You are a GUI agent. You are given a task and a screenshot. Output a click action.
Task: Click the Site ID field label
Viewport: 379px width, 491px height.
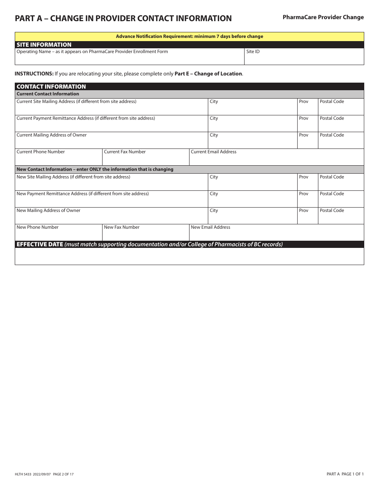(253, 51)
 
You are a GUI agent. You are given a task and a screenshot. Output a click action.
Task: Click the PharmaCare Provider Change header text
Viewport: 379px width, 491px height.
(323, 17)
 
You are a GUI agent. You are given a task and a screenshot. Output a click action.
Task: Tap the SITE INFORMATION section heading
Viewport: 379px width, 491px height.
(44, 45)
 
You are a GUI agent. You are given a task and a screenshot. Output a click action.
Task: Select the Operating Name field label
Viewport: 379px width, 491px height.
(92, 51)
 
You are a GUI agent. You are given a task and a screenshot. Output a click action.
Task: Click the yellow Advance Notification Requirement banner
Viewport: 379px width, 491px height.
(189, 36)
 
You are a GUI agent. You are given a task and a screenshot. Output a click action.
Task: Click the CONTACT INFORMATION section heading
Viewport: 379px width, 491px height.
(51, 87)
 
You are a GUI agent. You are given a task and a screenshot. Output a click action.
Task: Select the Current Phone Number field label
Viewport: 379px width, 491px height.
(41, 152)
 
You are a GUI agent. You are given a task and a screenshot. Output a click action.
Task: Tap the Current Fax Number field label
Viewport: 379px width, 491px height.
(125, 152)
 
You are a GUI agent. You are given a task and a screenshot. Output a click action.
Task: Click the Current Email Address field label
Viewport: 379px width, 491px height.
(213, 152)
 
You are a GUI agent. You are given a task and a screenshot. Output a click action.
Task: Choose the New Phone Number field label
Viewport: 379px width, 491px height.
(38, 227)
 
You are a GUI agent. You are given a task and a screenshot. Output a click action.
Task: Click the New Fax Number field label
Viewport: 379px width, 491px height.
(122, 227)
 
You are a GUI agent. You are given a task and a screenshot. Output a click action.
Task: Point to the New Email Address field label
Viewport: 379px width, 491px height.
(211, 227)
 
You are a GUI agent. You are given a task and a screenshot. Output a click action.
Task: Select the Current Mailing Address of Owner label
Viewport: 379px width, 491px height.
(51, 135)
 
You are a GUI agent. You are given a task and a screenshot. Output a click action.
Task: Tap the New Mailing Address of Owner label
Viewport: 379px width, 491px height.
(48, 210)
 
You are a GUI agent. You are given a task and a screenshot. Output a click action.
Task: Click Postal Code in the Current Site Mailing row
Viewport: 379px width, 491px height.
(332, 101)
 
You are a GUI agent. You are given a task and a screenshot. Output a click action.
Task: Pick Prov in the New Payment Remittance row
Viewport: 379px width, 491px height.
(304, 194)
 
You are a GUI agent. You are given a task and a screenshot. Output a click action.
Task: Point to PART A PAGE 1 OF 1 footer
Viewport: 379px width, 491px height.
(345, 474)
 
